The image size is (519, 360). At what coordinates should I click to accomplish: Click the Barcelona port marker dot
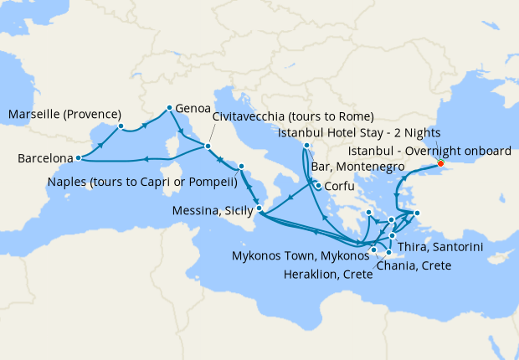click(78, 157)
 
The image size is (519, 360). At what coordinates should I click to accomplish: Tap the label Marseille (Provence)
click(64, 114)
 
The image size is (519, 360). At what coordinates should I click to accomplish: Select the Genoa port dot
click(169, 107)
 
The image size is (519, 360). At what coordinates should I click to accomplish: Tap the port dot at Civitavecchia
click(208, 147)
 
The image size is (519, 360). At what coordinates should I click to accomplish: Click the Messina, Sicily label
click(212, 211)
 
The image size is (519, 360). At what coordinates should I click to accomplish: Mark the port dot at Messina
click(259, 208)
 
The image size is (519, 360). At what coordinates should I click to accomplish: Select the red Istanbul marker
click(440, 163)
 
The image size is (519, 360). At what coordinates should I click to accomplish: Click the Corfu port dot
click(317, 185)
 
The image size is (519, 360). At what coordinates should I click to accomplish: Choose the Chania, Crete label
click(414, 265)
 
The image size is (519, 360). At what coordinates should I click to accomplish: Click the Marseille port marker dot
click(121, 126)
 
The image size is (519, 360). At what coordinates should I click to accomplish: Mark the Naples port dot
click(240, 166)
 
